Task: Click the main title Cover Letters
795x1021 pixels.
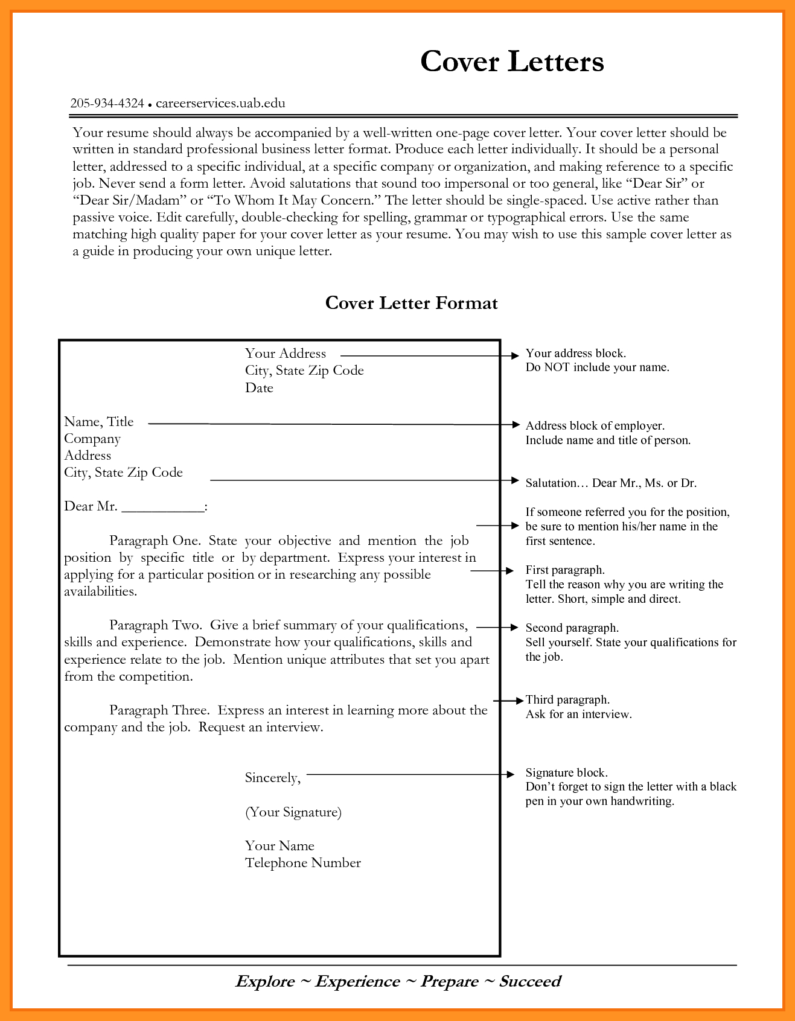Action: coord(512,62)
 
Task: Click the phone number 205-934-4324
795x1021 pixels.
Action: coord(107,103)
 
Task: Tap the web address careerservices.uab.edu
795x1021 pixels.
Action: coord(220,103)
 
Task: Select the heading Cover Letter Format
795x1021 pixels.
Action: coord(411,303)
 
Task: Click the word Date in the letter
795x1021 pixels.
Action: coord(259,388)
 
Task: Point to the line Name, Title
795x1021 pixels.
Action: coord(99,422)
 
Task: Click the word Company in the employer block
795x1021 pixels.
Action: coord(92,439)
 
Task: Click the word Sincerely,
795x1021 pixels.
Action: coord(272,778)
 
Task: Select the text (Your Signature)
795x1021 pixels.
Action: coord(293,812)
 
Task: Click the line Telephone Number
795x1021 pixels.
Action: coord(303,863)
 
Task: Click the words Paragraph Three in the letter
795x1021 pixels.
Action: coord(159,710)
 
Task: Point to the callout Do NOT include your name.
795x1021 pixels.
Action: coord(597,367)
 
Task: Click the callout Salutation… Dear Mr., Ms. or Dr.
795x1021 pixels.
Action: coord(611,483)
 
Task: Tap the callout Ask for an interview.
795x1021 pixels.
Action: coord(578,714)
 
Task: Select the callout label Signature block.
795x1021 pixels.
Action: coord(566,772)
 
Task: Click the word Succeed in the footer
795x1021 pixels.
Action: coord(530,981)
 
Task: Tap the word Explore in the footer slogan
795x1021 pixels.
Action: coord(265,981)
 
